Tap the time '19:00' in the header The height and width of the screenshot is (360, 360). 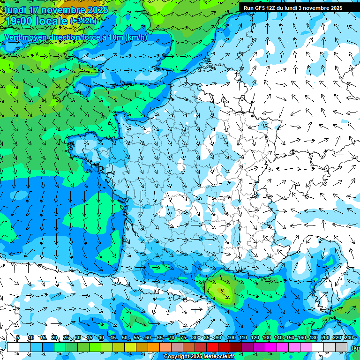[19, 21]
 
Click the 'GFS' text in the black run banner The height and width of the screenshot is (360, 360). [261, 8]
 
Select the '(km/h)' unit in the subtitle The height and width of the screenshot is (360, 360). [136, 37]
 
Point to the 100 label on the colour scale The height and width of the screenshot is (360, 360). [231, 338]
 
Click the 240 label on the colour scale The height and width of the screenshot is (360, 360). [349, 338]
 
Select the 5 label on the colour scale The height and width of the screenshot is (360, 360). [18, 338]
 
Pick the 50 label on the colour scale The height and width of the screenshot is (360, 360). [125, 338]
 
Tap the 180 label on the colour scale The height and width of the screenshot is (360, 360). [313, 338]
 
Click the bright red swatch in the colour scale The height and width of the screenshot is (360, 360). [212, 347]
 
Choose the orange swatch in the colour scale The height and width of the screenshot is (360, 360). [154, 347]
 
